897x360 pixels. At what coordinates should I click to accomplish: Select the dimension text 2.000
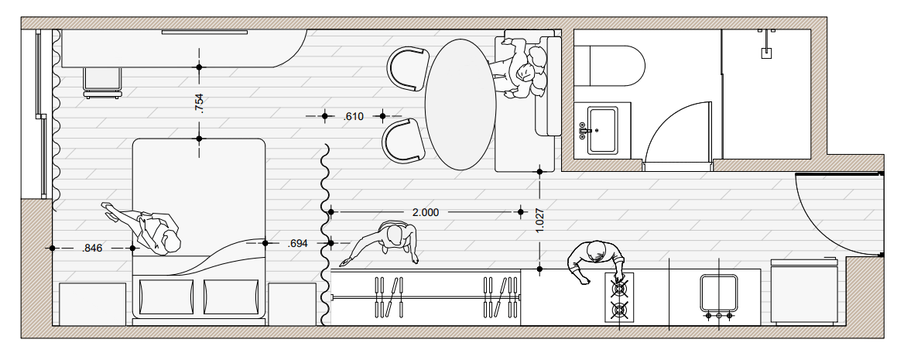[426, 212]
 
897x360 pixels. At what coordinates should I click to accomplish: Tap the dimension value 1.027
[540, 220]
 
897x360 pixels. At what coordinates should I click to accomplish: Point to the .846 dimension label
[92, 248]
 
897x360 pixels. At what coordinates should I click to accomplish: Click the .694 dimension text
[297, 243]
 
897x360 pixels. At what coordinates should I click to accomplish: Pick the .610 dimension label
[354, 116]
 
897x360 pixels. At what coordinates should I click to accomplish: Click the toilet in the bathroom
[609, 66]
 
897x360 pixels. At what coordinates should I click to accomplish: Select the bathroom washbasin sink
[602, 130]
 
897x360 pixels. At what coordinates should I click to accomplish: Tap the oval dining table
[460, 105]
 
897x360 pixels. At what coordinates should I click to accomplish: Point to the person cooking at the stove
[596, 260]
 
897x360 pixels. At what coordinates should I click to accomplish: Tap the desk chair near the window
[103, 82]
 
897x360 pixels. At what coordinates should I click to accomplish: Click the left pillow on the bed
[166, 297]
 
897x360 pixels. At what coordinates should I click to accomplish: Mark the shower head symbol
[766, 53]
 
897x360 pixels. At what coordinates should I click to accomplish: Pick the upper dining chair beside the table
[408, 67]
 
